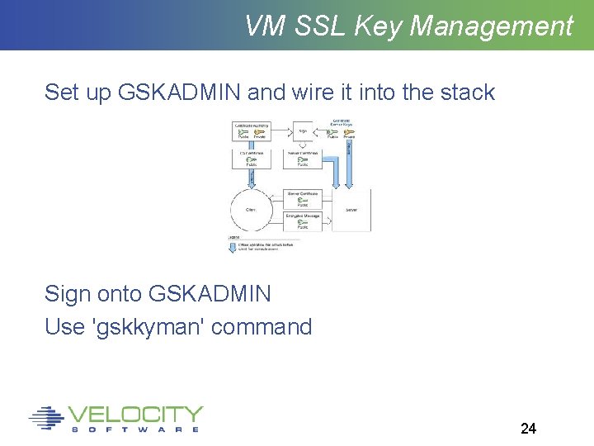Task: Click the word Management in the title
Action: click(x=491, y=26)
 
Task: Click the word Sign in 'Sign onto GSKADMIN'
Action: click(x=68, y=293)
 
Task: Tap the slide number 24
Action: click(x=528, y=428)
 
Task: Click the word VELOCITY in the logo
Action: click(x=136, y=414)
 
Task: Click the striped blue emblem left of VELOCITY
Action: click(x=46, y=418)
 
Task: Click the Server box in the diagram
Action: click(x=351, y=210)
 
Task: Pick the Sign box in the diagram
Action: click(x=302, y=130)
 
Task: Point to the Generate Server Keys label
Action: click(x=342, y=125)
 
